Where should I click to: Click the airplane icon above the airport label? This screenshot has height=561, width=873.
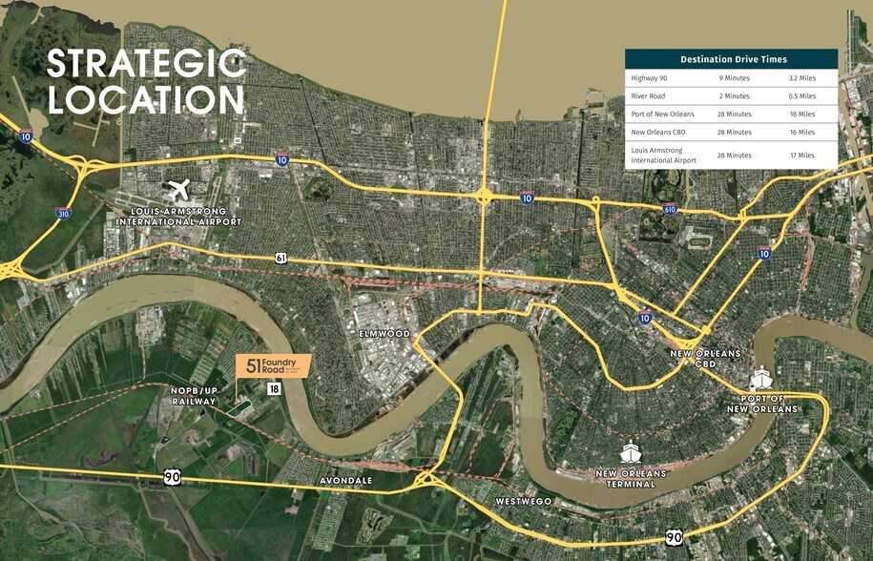pyautogui.click(x=178, y=191)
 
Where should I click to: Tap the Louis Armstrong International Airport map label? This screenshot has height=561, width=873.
pyautogui.click(x=178, y=217)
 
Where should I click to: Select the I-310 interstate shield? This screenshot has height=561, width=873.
pyautogui.click(x=63, y=214)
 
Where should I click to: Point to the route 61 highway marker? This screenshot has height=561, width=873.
pyautogui.click(x=281, y=258)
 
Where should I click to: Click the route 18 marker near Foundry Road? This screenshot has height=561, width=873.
pyautogui.click(x=274, y=388)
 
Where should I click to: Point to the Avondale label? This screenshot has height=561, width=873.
pyautogui.click(x=346, y=481)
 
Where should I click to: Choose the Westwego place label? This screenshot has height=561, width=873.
pyautogui.click(x=521, y=501)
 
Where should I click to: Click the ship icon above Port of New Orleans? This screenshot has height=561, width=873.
pyautogui.click(x=762, y=379)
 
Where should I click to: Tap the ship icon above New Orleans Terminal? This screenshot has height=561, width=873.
pyautogui.click(x=631, y=450)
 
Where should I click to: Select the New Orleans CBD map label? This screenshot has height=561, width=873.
pyautogui.click(x=705, y=358)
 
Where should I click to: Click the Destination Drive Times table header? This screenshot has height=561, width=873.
pyautogui.click(x=731, y=59)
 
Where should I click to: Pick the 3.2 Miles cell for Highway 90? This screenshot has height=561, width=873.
pyautogui.click(x=801, y=78)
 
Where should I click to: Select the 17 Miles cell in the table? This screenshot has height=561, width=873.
pyautogui.click(x=801, y=155)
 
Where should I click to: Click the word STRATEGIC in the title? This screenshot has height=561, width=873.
pyautogui.click(x=146, y=64)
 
